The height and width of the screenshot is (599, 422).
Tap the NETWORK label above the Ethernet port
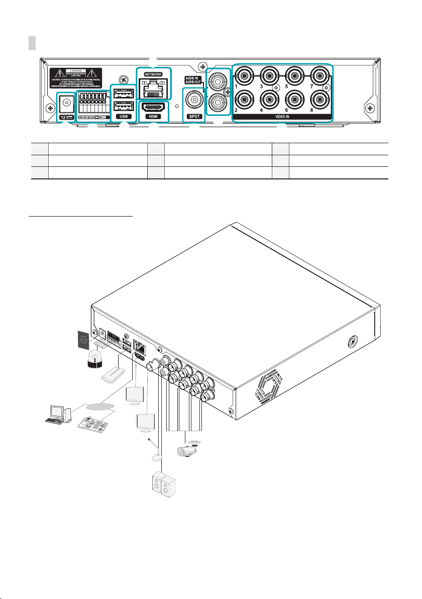pos(154,74)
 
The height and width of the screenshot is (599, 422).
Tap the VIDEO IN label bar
pos(281,117)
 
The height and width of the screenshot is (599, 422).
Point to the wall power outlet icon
pos(84,340)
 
